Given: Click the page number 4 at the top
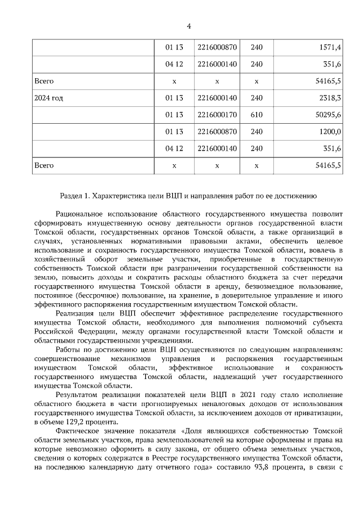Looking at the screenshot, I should click(189, 26).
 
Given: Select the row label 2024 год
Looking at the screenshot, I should click(49, 98).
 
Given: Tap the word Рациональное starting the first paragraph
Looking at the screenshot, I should click(82, 214).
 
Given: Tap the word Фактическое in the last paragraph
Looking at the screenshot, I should click(78, 430).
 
